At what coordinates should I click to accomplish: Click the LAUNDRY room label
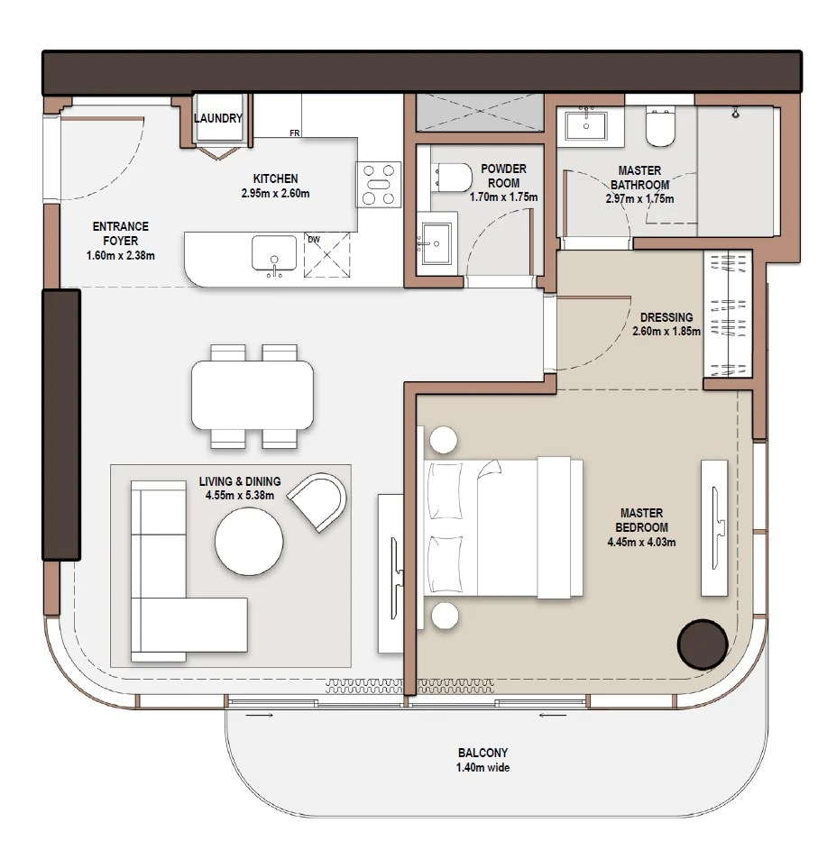[218, 118]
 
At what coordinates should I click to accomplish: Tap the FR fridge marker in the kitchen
[294, 133]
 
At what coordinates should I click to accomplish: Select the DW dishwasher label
[313, 240]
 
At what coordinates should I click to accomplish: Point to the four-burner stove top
[379, 184]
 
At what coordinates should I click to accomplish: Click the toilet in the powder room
[448, 178]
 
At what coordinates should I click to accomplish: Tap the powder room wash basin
[434, 242]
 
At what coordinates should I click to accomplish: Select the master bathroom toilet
[661, 128]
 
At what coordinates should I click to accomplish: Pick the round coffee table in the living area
[249, 542]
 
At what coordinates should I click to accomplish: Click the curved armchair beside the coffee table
[318, 501]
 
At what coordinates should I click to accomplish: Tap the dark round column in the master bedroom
[702, 643]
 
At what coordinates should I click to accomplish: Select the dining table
[253, 396]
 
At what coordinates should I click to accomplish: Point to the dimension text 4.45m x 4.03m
[641, 543]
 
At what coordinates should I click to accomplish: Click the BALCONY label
[482, 753]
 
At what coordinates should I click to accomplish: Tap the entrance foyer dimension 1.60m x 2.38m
[120, 255]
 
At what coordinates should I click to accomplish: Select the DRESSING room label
[666, 317]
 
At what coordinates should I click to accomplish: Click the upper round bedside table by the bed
[443, 440]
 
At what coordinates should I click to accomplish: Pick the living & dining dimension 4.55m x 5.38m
[240, 495]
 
